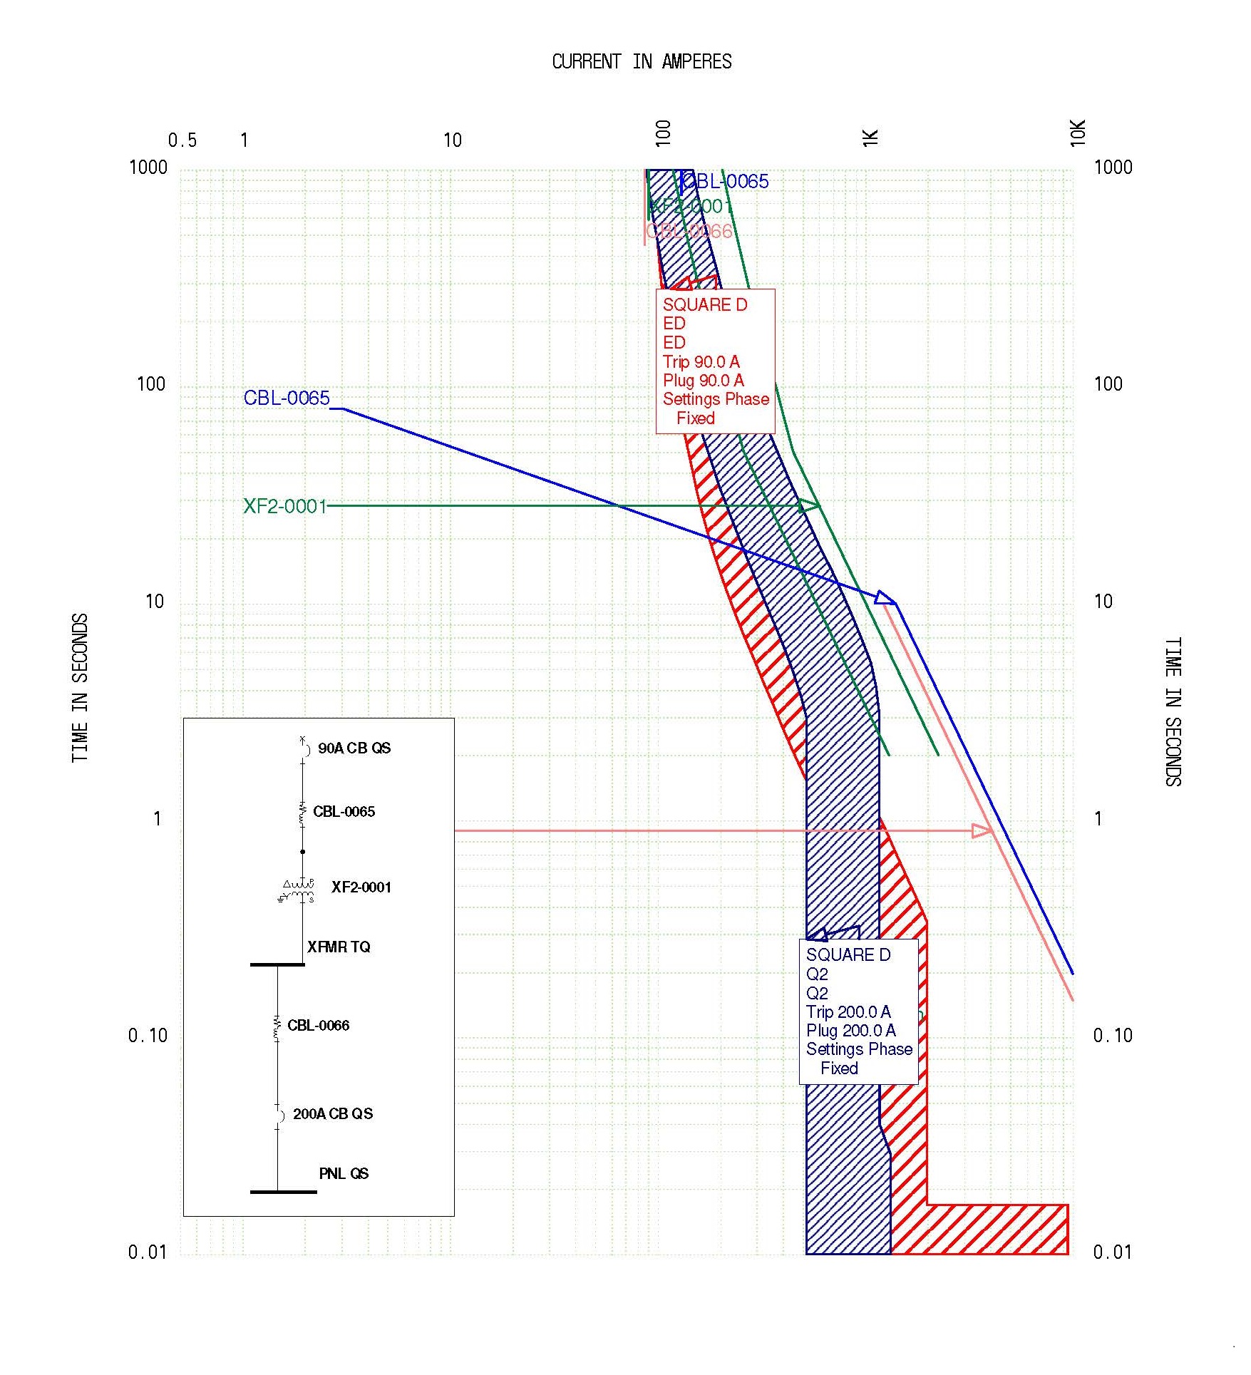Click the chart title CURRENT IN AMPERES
pos(642,62)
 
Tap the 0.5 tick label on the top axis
pos(182,140)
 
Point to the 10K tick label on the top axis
pos(1077,133)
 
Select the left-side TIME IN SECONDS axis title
pos(80,687)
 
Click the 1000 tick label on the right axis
pos(1113,168)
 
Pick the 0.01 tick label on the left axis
pos(148,1252)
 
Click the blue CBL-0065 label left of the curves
pos(287,398)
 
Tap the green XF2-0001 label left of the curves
pos(285,506)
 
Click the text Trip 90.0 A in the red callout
pos(701,361)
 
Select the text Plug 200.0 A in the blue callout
pos(850,1031)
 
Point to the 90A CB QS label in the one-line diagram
pos(354,748)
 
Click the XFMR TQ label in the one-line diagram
pos(339,947)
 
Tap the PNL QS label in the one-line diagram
pos(344,1174)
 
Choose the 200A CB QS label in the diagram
pos(333,1114)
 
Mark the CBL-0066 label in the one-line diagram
pos(318,1026)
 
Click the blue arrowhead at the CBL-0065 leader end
pos(886,597)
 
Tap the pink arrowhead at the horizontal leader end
pos(982,830)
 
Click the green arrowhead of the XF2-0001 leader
pos(809,505)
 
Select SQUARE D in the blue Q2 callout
pos(848,955)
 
